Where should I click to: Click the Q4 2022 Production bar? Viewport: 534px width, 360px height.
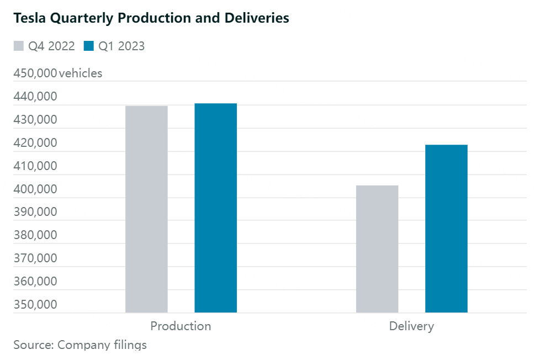(146, 209)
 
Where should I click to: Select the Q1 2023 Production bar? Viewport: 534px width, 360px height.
(215, 208)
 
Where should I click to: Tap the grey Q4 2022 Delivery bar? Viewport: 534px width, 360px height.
(377, 249)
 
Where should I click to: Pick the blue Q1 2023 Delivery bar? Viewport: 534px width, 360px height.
(446, 229)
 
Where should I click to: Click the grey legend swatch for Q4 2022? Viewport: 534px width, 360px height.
(19, 46)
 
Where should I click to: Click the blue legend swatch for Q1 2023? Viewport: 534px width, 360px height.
(88, 46)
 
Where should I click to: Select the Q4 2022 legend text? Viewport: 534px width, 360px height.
(51, 46)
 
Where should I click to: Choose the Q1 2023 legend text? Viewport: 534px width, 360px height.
(121, 46)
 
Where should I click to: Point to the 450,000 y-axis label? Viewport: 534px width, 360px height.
(35, 73)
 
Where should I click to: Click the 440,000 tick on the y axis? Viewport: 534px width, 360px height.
(35, 97)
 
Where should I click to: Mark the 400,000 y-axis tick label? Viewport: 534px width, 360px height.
(35, 189)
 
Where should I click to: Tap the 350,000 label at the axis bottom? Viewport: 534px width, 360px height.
(35, 305)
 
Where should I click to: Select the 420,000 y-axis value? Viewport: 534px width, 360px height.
(35, 143)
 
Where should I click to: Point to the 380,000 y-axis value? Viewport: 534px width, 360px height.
(35, 235)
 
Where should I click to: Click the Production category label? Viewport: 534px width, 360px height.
(181, 326)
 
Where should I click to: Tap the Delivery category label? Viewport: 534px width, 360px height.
(411, 326)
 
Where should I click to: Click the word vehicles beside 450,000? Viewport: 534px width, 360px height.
(81, 73)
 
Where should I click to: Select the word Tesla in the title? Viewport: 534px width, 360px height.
(29, 18)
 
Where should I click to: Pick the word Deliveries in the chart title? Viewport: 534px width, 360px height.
(256, 18)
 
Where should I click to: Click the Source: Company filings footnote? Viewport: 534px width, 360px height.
(80, 345)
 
